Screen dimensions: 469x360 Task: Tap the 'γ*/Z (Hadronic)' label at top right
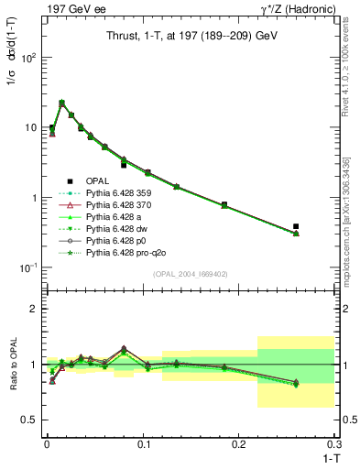pos(297,8)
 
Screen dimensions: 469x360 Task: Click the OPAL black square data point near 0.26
pos(296,226)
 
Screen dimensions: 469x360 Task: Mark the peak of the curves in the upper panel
pos(61,104)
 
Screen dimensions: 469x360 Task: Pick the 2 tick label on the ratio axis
pos(32,310)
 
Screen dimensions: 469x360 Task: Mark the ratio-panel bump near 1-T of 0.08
pos(124,349)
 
